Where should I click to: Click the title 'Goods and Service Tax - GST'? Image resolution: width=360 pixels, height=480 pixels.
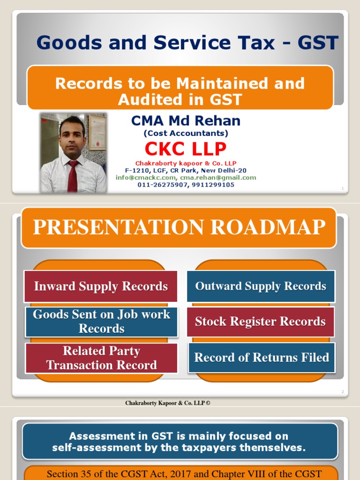tap(187, 43)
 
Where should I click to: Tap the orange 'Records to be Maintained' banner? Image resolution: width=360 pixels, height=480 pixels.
tap(180, 91)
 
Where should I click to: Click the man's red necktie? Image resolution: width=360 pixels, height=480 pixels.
tap(73, 176)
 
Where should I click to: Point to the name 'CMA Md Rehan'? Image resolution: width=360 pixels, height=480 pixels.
tap(186, 121)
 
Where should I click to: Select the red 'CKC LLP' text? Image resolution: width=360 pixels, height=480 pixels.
tap(186, 149)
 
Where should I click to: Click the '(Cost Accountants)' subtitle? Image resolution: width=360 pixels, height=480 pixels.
tap(186, 134)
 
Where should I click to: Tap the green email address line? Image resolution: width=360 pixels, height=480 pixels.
tap(186, 178)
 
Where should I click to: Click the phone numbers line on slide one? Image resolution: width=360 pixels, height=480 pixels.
tap(186, 185)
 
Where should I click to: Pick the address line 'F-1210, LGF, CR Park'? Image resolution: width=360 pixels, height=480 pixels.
tap(186, 171)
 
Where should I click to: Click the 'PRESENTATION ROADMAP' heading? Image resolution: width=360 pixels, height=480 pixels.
tap(179, 227)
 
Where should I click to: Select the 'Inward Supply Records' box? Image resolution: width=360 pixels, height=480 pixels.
tap(101, 286)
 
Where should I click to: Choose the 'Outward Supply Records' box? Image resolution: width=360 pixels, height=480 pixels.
tap(261, 286)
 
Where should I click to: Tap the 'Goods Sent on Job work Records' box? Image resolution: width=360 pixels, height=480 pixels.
tap(101, 322)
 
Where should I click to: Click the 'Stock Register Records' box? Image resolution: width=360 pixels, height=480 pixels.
tap(260, 322)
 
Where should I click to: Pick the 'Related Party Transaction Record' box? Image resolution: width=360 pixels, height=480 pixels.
tap(101, 358)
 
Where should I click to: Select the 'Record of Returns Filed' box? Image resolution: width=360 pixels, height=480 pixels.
tap(262, 358)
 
